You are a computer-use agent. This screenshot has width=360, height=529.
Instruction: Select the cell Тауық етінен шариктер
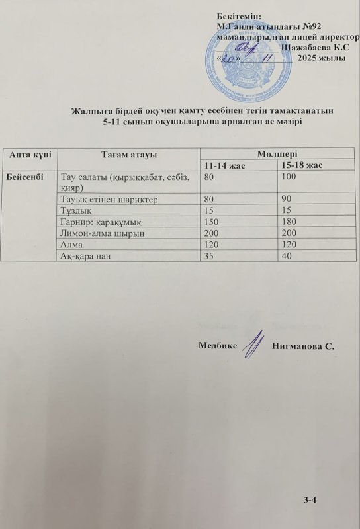[109, 198]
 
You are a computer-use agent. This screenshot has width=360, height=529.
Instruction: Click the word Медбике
[217, 345]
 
